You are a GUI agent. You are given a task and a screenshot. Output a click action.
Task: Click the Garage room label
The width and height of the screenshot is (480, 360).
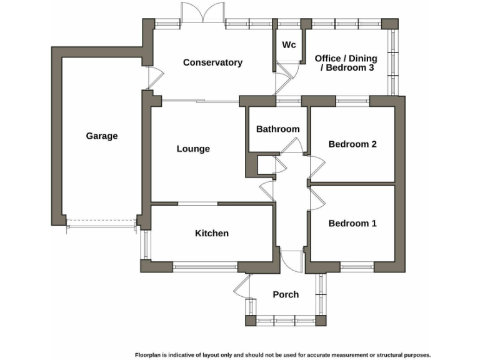(101, 136)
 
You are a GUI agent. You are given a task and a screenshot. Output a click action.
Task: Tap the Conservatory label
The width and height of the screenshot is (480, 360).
(212, 62)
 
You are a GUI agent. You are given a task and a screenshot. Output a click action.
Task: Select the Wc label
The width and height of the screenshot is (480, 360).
(289, 45)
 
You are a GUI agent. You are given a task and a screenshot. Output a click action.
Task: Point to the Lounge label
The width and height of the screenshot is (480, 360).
(193, 149)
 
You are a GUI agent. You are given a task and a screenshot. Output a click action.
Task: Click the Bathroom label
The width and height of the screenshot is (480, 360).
(277, 129)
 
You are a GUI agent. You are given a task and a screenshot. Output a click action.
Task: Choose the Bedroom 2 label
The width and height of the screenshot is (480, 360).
(352, 144)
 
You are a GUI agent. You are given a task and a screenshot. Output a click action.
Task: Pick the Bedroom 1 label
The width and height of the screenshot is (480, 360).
(352, 223)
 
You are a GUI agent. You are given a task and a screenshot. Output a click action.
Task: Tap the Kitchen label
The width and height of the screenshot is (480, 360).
(212, 233)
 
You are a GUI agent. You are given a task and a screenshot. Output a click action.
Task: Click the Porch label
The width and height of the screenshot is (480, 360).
(286, 294)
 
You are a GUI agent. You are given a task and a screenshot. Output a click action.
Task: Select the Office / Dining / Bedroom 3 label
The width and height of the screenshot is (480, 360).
(345, 62)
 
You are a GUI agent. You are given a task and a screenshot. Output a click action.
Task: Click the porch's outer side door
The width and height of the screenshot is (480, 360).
(241, 288)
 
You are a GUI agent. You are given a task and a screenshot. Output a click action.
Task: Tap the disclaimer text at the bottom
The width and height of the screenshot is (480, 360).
(282, 354)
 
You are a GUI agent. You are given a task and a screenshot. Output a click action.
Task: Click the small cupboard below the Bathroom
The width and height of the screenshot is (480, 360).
(265, 165)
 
